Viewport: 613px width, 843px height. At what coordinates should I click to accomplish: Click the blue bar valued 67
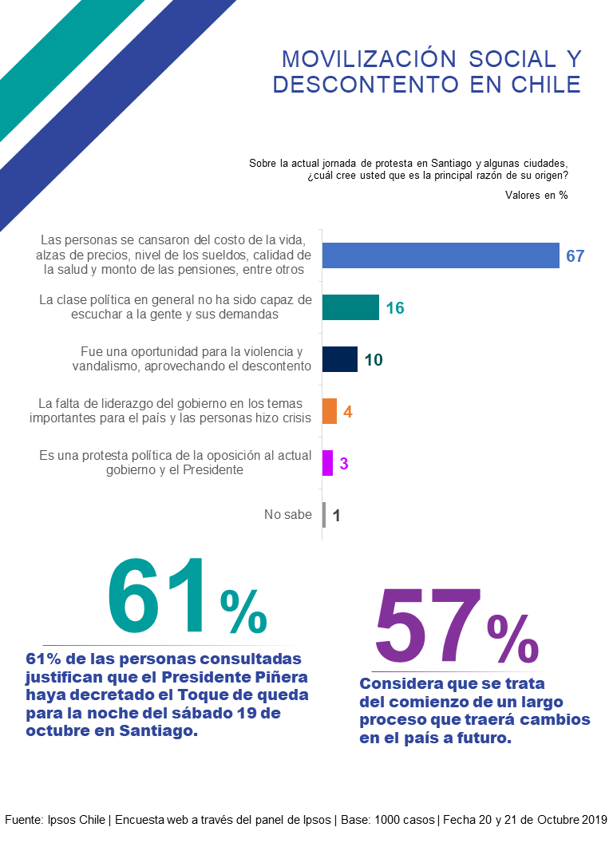point(440,255)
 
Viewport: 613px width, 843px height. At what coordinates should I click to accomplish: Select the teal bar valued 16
point(350,307)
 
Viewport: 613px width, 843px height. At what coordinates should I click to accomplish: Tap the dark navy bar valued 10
point(340,359)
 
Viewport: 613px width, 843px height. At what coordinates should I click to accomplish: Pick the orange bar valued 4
point(330,411)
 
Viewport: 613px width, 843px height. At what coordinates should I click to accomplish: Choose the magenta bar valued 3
point(327,463)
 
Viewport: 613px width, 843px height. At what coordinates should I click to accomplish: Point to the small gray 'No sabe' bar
point(324,515)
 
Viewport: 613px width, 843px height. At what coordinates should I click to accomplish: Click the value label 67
point(575,256)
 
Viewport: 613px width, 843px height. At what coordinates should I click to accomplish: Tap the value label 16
point(395,308)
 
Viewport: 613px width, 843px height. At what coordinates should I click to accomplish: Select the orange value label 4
point(348,412)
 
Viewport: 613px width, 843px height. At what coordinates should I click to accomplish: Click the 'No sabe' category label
point(287,515)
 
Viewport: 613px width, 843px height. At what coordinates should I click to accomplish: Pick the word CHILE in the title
point(544,84)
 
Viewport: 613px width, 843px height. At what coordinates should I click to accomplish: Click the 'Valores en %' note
point(536,195)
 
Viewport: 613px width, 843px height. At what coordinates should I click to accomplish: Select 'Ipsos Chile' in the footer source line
point(77,820)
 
